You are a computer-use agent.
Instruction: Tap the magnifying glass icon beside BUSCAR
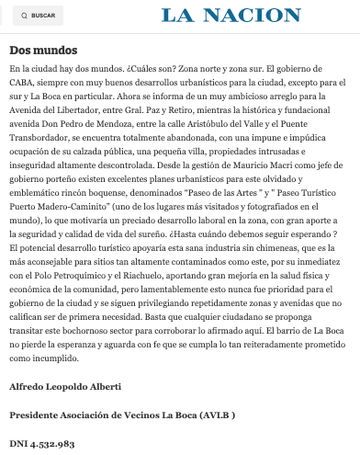click(24, 16)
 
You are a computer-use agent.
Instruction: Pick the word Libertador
click(93, 108)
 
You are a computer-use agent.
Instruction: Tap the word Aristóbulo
click(220, 120)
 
